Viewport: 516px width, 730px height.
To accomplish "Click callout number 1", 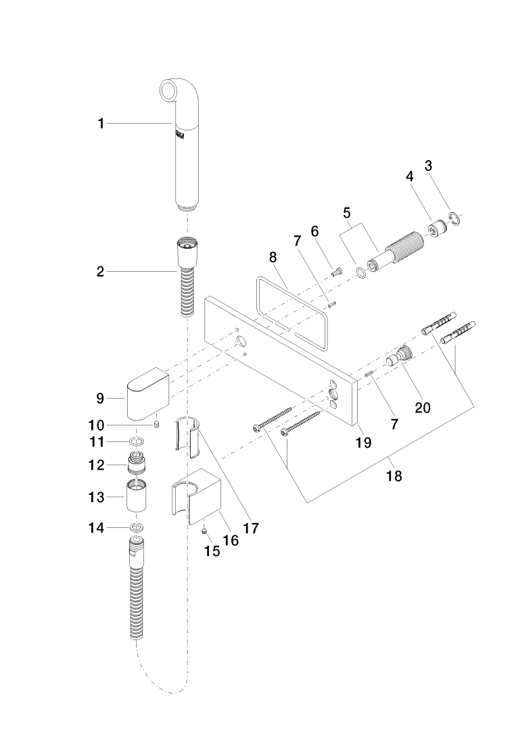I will tap(101, 123).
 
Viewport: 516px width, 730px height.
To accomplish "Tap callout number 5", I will tap(347, 212).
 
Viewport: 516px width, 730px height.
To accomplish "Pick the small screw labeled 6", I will tap(335, 272).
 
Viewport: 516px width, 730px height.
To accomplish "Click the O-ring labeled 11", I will tap(137, 443).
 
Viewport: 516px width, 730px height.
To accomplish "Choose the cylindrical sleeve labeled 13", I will tap(137, 497).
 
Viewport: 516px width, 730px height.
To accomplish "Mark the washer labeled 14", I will tap(137, 527).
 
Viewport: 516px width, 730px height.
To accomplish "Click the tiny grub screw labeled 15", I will tap(205, 532).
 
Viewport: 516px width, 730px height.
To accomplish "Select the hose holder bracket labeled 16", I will tap(200, 497).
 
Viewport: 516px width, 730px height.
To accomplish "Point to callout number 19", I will tap(364, 443).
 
